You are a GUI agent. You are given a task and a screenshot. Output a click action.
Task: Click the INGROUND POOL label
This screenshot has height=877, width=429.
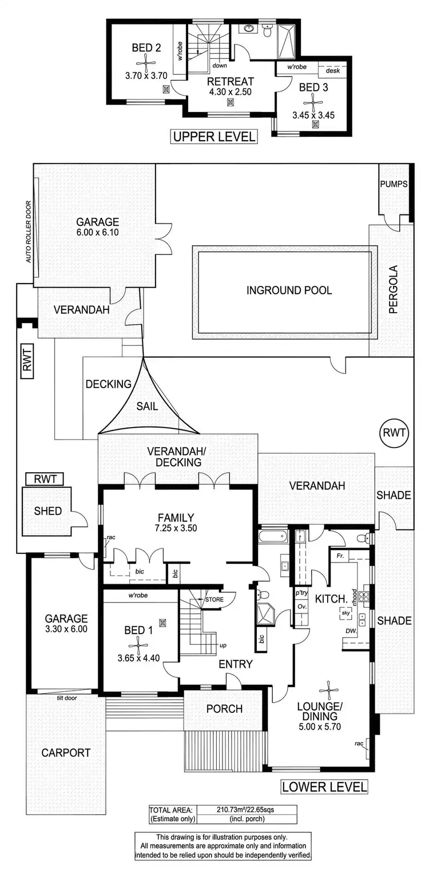coord(289,290)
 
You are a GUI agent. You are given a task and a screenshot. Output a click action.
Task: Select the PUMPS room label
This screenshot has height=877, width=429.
coord(393,184)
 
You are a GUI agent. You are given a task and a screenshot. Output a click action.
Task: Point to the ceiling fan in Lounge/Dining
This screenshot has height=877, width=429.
coord(329,690)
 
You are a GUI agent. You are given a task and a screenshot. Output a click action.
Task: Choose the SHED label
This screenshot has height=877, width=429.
coord(47,511)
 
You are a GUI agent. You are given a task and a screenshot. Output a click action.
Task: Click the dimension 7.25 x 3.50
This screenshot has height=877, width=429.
coord(176,528)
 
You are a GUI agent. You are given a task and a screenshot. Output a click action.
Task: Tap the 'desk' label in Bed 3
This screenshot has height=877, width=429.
coord(332,70)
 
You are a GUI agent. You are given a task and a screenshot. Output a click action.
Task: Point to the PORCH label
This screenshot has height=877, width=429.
coord(224,709)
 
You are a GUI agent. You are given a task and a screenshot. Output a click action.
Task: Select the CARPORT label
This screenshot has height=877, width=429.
coord(66,753)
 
